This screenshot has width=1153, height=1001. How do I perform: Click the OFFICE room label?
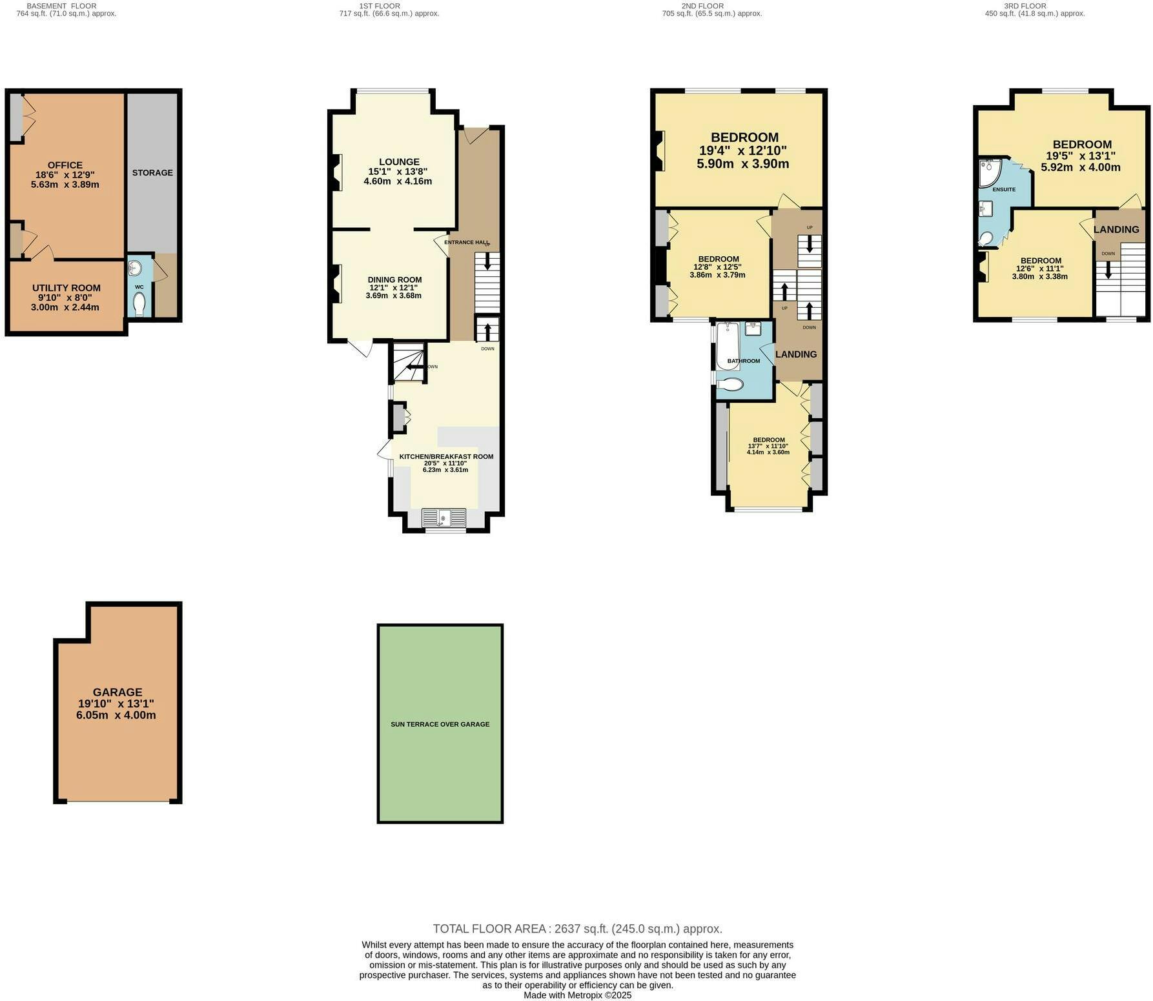click(65, 165)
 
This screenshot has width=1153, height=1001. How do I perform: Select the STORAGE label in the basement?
click(152, 173)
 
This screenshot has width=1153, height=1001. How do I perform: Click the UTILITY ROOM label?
click(66, 288)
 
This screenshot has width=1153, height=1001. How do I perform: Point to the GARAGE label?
click(117, 692)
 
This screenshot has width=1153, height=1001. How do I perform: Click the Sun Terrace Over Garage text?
click(440, 724)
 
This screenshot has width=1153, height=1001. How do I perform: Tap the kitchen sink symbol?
click(444, 518)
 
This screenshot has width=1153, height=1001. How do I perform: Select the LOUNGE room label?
click(399, 162)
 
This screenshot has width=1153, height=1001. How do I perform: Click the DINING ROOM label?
click(395, 279)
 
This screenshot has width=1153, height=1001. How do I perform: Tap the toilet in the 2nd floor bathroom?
click(731, 385)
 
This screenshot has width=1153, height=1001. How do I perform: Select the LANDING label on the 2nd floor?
click(796, 354)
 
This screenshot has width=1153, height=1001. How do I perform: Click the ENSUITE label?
click(1004, 190)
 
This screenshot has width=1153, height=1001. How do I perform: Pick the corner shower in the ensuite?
click(990, 172)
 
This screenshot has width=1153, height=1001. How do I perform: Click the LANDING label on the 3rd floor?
click(1116, 230)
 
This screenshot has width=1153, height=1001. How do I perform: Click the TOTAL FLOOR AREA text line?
click(577, 929)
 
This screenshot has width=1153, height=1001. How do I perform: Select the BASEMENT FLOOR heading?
click(61, 6)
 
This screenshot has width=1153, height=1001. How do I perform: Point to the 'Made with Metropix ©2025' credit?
click(577, 995)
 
